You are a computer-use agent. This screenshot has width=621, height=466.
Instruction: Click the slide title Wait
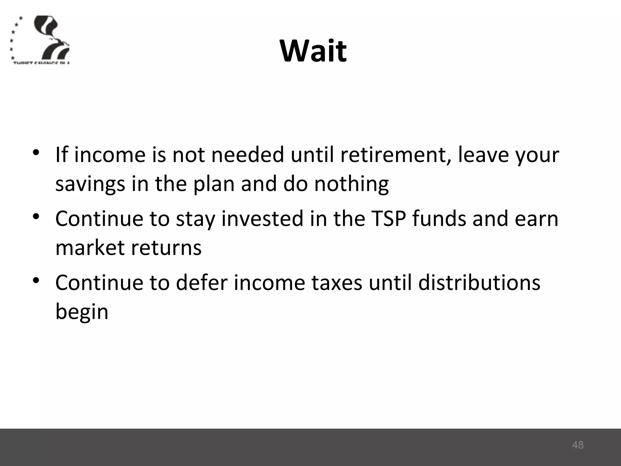coord(313,51)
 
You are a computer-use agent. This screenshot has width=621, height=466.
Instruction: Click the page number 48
coord(578,445)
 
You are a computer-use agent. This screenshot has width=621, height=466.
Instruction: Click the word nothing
coord(351,184)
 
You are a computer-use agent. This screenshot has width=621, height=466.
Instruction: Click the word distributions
coord(479,283)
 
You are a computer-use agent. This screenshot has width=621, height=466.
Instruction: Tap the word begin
coord(82,312)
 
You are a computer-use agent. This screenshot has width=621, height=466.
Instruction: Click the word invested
coord(263,218)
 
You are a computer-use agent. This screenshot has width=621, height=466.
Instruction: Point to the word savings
coord(90,184)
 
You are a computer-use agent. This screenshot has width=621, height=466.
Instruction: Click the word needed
coord(248,155)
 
